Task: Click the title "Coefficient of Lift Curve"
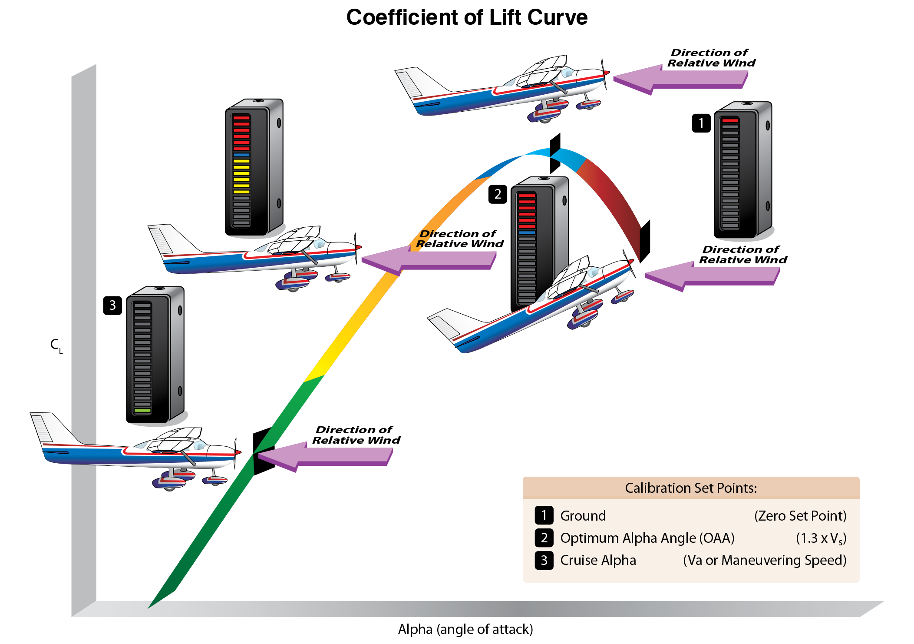pyautogui.click(x=467, y=18)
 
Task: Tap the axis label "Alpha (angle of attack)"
pyautogui.click(x=465, y=629)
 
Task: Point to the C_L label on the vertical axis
pyautogui.click(x=56, y=345)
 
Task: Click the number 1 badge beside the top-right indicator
pyautogui.click(x=701, y=123)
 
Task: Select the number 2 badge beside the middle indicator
pyautogui.click(x=498, y=194)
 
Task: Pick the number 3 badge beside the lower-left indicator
pyautogui.click(x=112, y=305)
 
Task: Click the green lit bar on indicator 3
pyautogui.click(x=142, y=410)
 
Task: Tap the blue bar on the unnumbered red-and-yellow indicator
pyautogui.click(x=241, y=155)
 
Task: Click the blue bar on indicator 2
pyautogui.click(x=527, y=233)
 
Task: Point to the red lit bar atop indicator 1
pyautogui.click(x=730, y=120)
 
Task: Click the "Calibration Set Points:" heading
pyautogui.click(x=690, y=488)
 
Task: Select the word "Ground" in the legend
pyautogui.click(x=583, y=516)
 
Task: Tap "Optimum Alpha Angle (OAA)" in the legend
pyautogui.click(x=647, y=538)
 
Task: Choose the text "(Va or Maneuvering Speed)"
pyautogui.click(x=765, y=560)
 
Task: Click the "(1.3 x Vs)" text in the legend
pyautogui.click(x=821, y=538)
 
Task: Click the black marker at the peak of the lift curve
pyautogui.click(x=555, y=153)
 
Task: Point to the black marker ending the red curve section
pyautogui.click(x=645, y=241)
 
